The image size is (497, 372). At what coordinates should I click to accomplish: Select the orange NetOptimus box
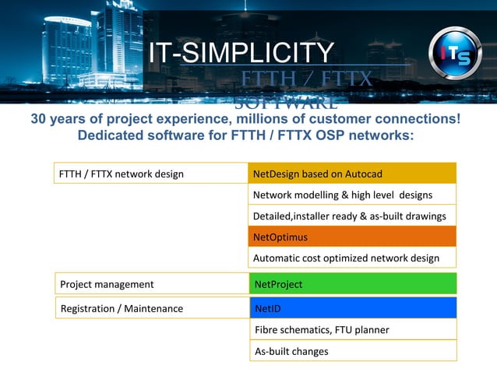tap(352, 237)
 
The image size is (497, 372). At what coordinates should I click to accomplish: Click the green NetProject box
tap(353, 284)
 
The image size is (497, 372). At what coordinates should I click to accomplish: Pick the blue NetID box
tap(353, 308)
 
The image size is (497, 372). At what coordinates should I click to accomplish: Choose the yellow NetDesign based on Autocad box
tap(352, 174)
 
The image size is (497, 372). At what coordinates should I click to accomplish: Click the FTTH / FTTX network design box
tap(150, 174)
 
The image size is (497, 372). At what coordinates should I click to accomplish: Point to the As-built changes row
tap(353, 351)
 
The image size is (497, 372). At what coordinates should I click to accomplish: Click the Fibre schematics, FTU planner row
tap(353, 330)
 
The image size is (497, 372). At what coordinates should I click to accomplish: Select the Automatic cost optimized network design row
tap(352, 258)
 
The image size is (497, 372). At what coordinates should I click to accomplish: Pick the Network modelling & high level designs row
tap(352, 195)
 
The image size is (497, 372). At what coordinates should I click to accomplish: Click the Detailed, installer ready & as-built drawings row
tap(352, 216)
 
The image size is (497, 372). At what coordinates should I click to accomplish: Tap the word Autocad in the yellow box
tap(363, 174)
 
